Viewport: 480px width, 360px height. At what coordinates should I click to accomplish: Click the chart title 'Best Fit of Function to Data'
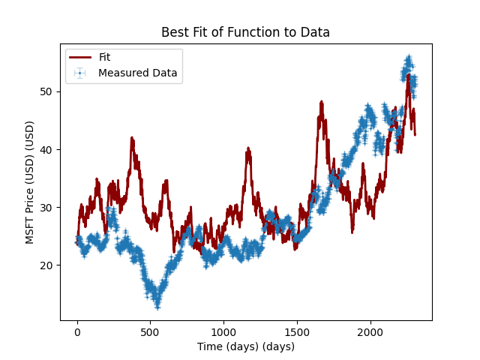click(245, 32)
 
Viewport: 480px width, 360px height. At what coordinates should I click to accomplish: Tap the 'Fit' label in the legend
click(104, 58)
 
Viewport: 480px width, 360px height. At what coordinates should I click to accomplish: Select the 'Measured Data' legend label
click(137, 73)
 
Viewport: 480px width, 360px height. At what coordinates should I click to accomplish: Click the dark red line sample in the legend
click(80, 58)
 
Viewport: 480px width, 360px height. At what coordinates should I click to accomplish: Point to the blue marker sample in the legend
click(80, 73)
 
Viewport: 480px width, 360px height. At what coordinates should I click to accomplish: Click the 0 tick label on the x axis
click(76, 332)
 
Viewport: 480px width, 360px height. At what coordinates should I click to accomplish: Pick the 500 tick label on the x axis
click(150, 332)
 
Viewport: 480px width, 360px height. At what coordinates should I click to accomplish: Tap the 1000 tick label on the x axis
click(223, 332)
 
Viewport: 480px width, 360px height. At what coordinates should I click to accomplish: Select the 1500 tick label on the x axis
click(296, 332)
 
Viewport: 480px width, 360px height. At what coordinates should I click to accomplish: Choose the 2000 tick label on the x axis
click(370, 332)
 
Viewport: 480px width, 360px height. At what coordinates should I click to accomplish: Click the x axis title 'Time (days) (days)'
click(245, 346)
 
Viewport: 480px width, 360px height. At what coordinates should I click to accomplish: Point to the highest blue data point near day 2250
click(409, 58)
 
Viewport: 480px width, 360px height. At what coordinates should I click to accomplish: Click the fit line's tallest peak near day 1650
click(321, 102)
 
